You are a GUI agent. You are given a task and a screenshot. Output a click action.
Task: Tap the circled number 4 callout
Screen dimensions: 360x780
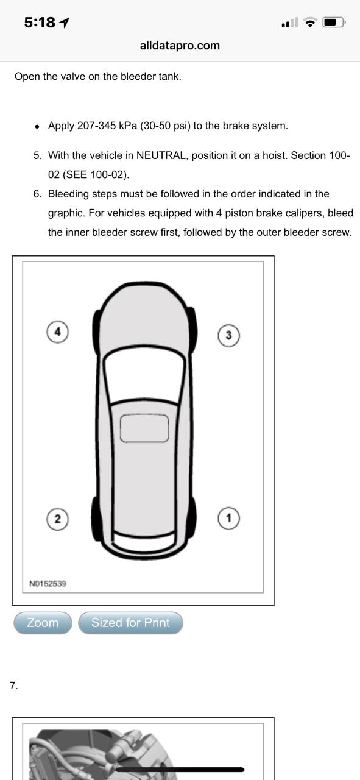[x=57, y=332]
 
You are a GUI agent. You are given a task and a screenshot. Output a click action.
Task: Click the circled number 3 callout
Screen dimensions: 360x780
[x=229, y=335]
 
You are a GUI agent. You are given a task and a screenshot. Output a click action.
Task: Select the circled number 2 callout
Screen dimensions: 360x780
[x=57, y=519]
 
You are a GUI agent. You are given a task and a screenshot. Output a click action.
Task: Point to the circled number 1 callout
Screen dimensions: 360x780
[x=229, y=518]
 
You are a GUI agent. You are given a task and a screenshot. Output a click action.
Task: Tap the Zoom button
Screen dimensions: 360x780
[x=43, y=623]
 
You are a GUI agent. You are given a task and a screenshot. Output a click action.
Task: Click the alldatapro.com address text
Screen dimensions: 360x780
[x=180, y=46]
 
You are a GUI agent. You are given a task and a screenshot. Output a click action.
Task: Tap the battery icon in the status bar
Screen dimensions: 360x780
[x=334, y=23]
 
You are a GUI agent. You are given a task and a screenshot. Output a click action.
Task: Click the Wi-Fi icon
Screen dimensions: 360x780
[x=310, y=23]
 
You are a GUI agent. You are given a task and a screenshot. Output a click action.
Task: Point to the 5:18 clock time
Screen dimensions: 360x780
[x=40, y=23]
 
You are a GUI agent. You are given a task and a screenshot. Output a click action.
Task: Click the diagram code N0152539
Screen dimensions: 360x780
[x=48, y=583]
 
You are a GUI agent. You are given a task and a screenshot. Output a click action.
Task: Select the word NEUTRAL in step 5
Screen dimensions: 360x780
[x=161, y=155]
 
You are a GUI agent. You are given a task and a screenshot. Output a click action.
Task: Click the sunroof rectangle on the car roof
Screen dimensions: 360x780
[x=144, y=428]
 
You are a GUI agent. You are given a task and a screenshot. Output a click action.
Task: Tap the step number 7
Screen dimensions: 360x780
[x=14, y=686]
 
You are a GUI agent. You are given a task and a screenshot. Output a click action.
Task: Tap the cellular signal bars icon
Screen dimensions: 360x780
[x=290, y=23]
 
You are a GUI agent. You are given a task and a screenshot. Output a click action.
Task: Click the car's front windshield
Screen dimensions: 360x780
[x=144, y=374]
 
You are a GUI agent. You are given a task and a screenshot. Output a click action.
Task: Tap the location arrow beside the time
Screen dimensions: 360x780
[x=64, y=23]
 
